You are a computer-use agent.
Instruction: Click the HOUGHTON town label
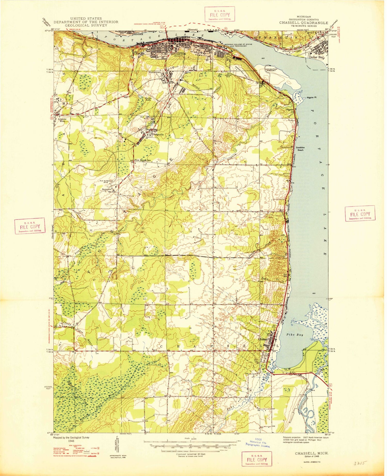pos(178,54)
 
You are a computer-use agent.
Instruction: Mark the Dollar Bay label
pos(316,58)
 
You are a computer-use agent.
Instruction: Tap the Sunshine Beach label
pos(300,149)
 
